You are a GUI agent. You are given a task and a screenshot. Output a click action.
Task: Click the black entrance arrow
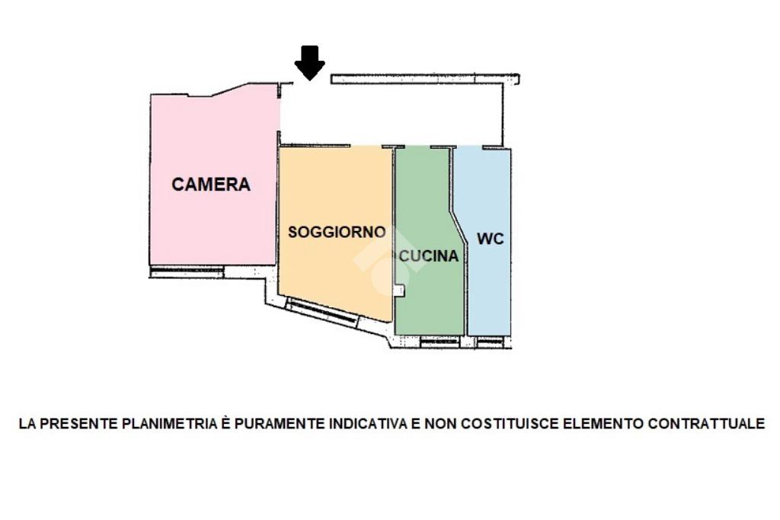pyautogui.click(x=309, y=63)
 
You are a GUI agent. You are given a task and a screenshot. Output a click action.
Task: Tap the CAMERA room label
pyautogui.click(x=211, y=185)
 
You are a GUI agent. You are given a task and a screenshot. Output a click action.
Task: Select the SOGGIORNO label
pyautogui.click(x=337, y=233)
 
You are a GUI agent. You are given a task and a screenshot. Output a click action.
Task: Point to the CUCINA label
pyautogui.click(x=429, y=257)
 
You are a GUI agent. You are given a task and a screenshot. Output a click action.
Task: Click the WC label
pyautogui.click(x=490, y=239)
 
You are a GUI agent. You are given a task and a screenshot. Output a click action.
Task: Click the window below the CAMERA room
pyautogui.click(x=187, y=270)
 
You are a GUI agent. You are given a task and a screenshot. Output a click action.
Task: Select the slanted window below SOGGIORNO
pyautogui.click(x=323, y=313)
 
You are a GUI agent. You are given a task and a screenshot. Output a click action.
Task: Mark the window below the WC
pyautogui.click(x=490, y=341)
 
